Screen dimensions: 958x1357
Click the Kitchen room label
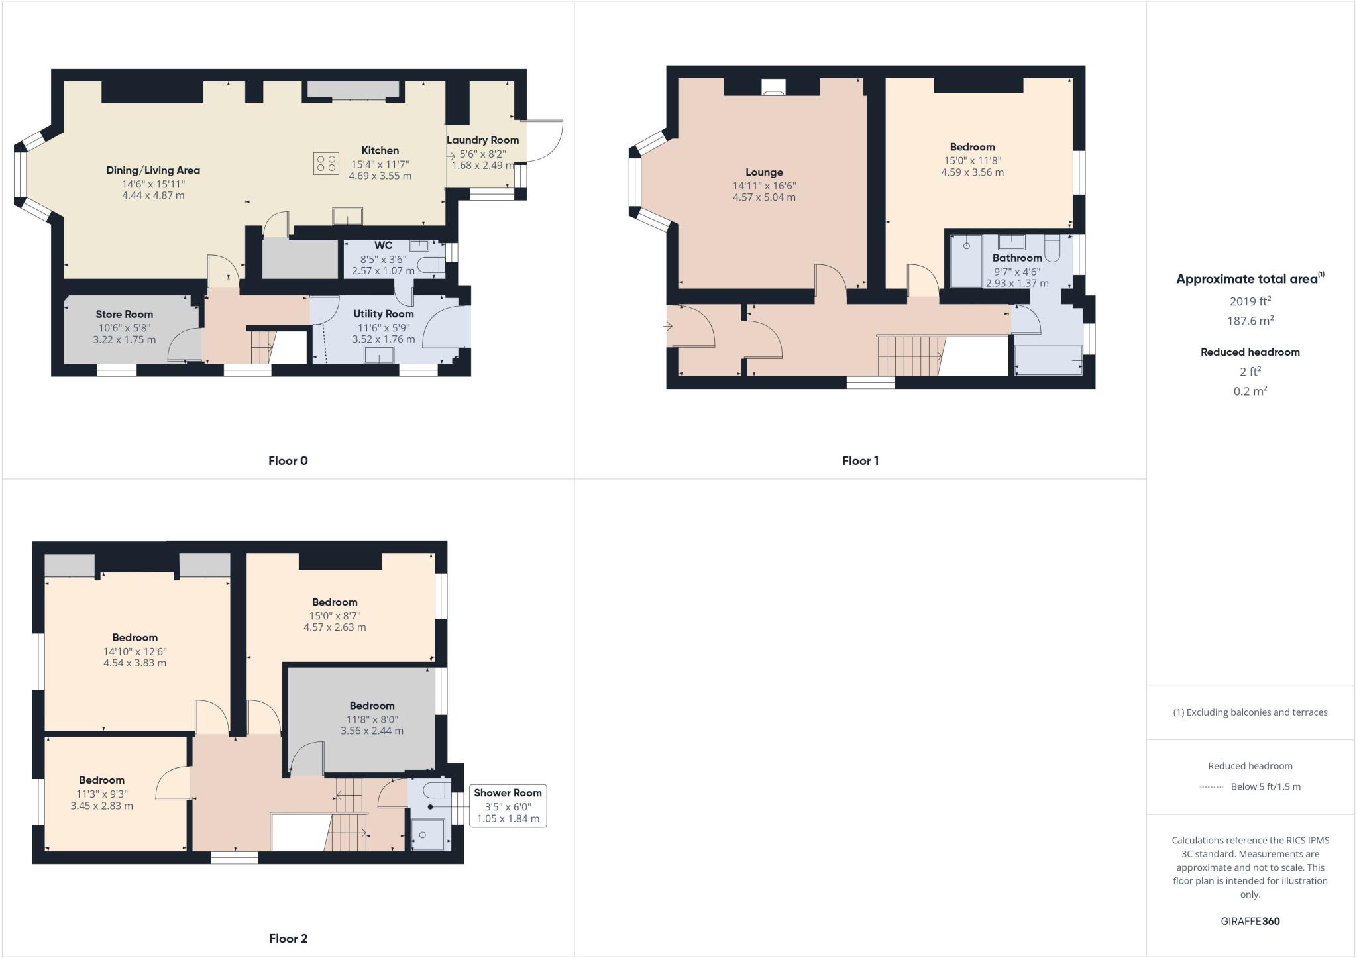[x=380, y=150]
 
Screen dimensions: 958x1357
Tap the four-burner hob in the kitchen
[x=326, y=164]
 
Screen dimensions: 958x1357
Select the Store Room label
[x=124, y=314]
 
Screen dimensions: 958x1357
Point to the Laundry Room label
[x=482, y=140]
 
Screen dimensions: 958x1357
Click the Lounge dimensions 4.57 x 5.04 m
[x=764, y=197]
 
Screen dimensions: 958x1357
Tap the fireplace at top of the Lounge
[x=773, y=87]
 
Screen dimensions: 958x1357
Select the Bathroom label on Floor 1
[x=1017, y=258]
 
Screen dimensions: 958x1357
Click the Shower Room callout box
[x=508, y=805]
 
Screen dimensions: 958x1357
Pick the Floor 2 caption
[x=288, y=938]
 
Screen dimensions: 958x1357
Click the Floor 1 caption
[x=860, y=460]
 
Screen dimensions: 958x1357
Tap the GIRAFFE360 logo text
[x=1250, y=921]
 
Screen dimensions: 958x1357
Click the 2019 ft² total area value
[x=1250, y=301]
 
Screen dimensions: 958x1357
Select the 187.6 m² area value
[x=1250, y=321]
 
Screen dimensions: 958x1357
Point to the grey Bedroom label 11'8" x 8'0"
[x=372, y=706]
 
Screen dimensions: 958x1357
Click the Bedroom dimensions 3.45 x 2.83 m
[x=101, y=806]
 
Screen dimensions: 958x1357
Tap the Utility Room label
[x=383, y=314]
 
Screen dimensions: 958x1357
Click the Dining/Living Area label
[x=153, y=170]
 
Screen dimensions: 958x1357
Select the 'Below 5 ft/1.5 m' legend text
[x=1265, y=786]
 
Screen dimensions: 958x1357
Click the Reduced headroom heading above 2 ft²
[x=1250, y=352]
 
